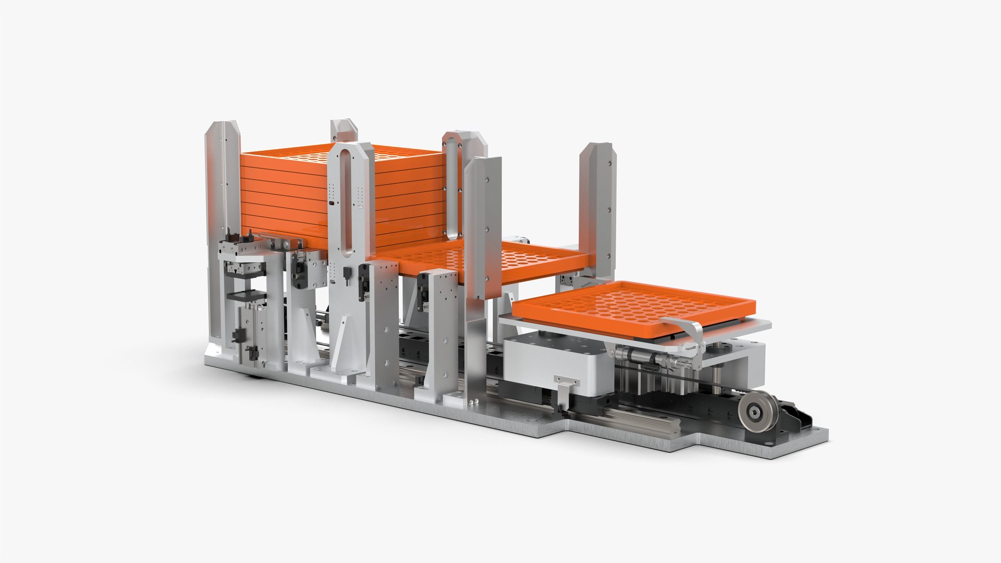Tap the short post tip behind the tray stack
[x=343, y=129]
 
